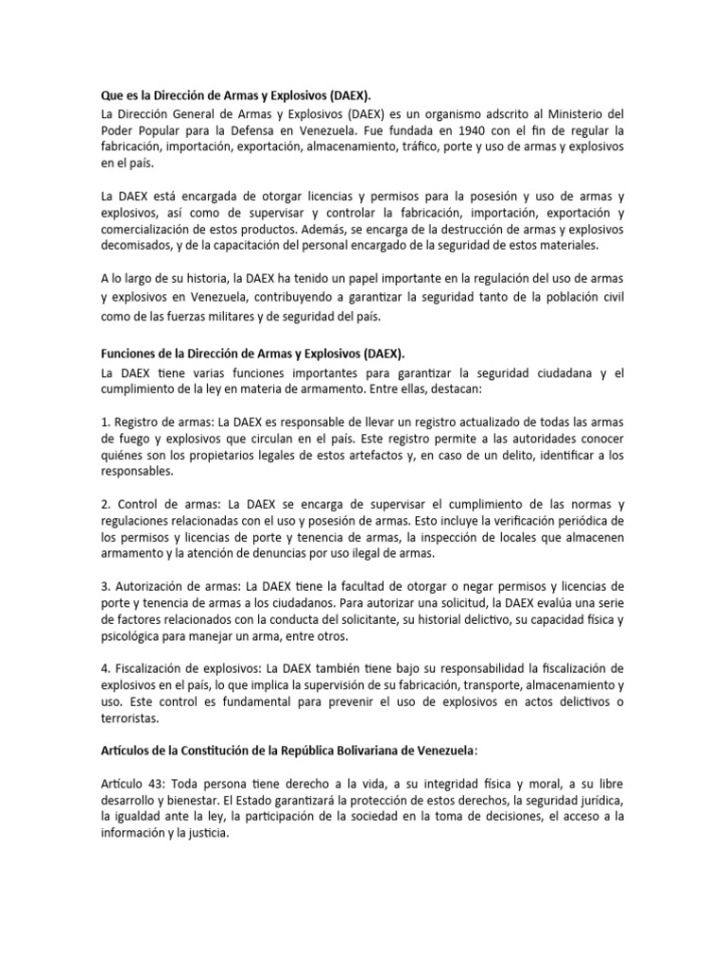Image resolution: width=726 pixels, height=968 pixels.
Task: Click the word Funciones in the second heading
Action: click(x=131, y=353)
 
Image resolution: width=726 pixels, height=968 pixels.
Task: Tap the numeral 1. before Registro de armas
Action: click(x=105, y=422)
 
